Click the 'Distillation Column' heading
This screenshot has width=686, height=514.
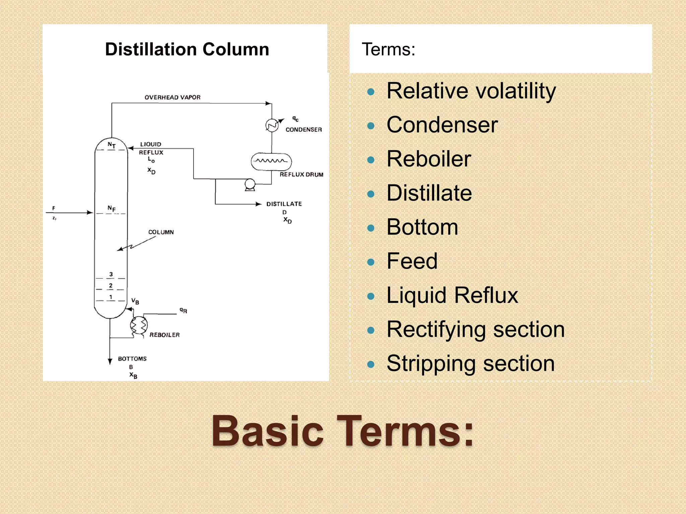tap(187, 50)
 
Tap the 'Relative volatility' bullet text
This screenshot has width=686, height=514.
tap(471, 91)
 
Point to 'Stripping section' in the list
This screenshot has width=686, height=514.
tap(471, 363)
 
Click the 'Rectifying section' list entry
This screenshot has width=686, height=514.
tap(476, 329)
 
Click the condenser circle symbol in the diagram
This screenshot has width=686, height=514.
tap(272, 125)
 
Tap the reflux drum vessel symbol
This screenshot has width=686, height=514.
tap(271, 162)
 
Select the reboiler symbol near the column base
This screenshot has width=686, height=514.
tap(139, 325)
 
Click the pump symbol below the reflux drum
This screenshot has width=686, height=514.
tap(250, 184)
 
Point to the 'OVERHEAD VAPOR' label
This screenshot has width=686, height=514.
tap(173, 97)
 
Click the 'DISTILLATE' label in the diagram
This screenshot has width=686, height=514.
tap(284, 204)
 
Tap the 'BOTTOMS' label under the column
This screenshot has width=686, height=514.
tap(132, 359)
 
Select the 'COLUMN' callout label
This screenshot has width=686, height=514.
tap(161, 232)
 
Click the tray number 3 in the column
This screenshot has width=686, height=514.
tap(111, 274)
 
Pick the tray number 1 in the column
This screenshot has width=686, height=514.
tap(111, 297)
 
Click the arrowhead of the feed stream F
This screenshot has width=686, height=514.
tap(90, 212)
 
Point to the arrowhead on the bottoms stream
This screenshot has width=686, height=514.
tap(110, 361)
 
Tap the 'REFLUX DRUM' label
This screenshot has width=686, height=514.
tap(301, 175)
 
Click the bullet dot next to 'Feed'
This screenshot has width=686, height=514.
tap(370, 262)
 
